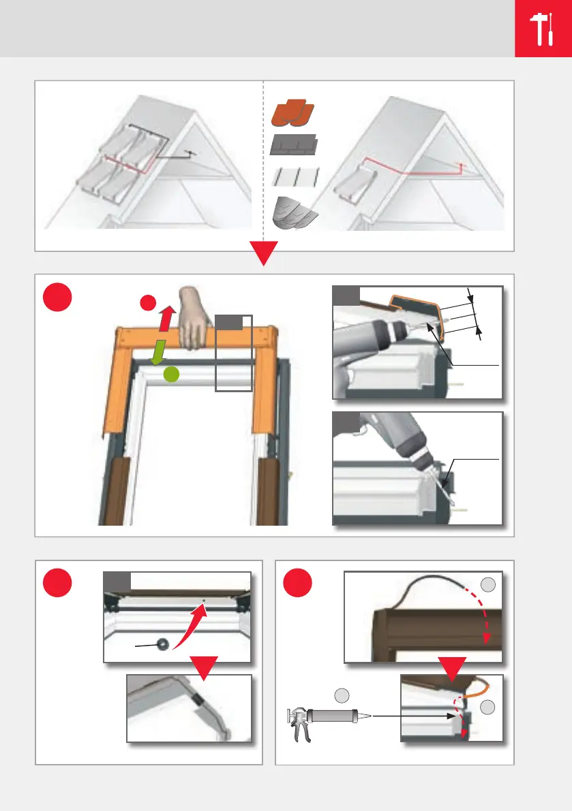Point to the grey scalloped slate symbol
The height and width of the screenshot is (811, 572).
point(295,214)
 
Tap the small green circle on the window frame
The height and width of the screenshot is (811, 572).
point(174,374)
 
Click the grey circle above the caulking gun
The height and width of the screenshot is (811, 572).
point(342,695)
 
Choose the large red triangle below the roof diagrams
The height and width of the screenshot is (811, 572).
point(262,255)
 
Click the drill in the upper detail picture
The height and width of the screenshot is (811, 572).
point(375,334)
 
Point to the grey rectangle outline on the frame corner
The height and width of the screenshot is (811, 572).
point(234,353)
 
